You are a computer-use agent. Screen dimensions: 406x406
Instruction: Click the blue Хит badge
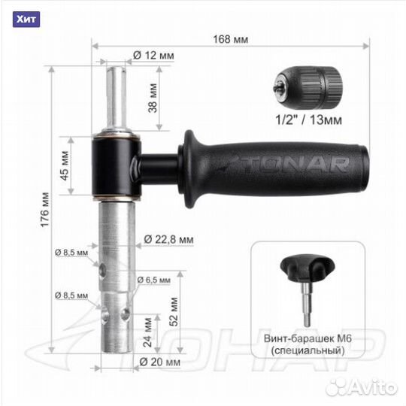click(26, 20)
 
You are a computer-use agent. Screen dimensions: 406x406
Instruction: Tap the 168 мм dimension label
click(231, 39)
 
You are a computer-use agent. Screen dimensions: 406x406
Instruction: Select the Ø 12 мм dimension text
click(153, 56)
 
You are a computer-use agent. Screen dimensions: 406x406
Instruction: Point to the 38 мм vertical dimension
click(153, 98)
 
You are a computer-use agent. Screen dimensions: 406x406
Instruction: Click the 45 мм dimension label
click(65, 165)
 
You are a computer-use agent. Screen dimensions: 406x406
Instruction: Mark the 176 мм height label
click(45, 210)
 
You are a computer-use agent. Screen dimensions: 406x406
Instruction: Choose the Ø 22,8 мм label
click(168, 239)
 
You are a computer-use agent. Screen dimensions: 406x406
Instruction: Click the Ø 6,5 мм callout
click(154, 280)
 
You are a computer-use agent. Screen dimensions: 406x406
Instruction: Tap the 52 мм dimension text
click(174, 312)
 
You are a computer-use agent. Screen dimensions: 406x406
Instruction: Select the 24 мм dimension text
click(147, 332)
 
